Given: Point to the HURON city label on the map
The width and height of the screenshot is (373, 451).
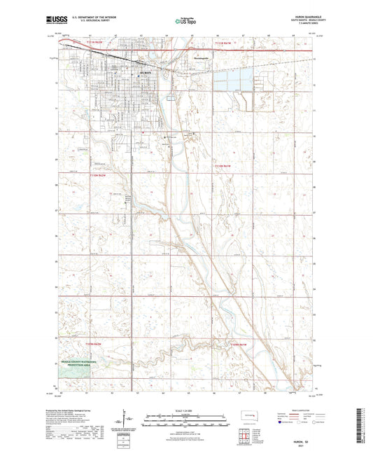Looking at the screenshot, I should (145, 72).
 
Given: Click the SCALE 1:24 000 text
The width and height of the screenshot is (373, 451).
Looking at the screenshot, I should (186, 410).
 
